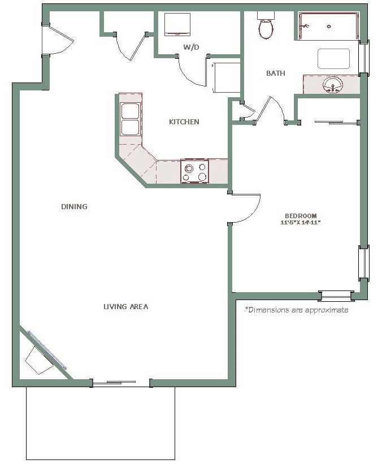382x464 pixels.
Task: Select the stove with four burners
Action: click(x=194, y=171)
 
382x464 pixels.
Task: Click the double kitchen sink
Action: click(x=130, y=119)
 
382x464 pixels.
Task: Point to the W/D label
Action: click(x=192, y=47)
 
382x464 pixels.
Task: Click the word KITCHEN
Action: click(x=184, y=122)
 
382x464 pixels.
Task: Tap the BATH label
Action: click(x=275, y=73)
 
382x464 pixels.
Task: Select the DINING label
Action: click(x=74, y=206)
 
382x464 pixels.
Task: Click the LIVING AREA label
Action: click(x=126, y=306)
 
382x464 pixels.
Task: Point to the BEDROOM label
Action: click(x=301, y=216)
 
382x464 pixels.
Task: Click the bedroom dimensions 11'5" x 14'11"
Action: click(x=301, y=223)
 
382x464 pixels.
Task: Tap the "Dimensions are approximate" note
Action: click(x=297, y=310)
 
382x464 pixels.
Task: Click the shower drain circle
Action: click(x=329, y=27)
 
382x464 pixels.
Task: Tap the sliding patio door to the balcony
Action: click(x=121, y=383)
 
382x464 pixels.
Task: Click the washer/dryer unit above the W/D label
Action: click(x=177, y=24)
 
